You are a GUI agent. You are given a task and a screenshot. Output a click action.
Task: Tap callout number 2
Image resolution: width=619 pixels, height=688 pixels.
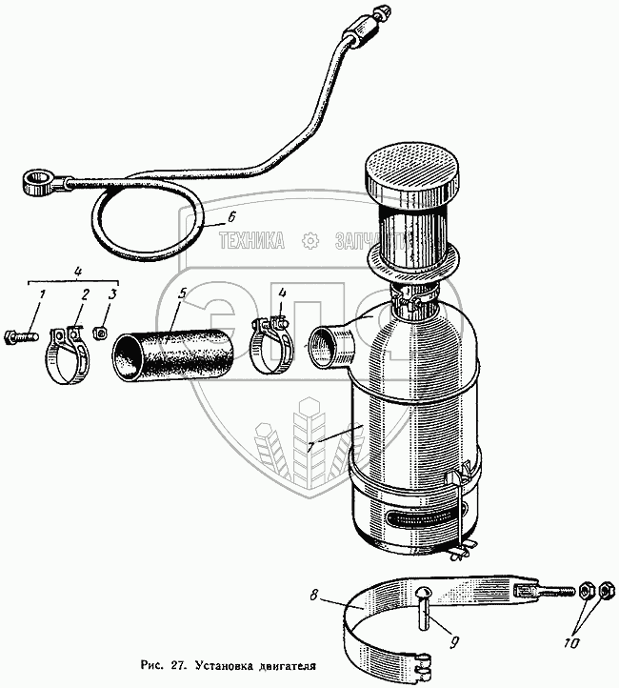point(85,293)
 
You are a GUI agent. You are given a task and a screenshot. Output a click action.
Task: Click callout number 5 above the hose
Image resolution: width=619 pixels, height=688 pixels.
point(185,295)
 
